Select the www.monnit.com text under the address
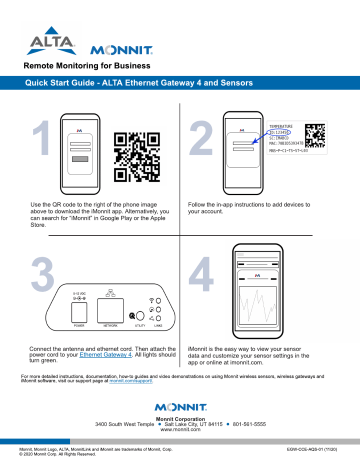click(x=180, y=432)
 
